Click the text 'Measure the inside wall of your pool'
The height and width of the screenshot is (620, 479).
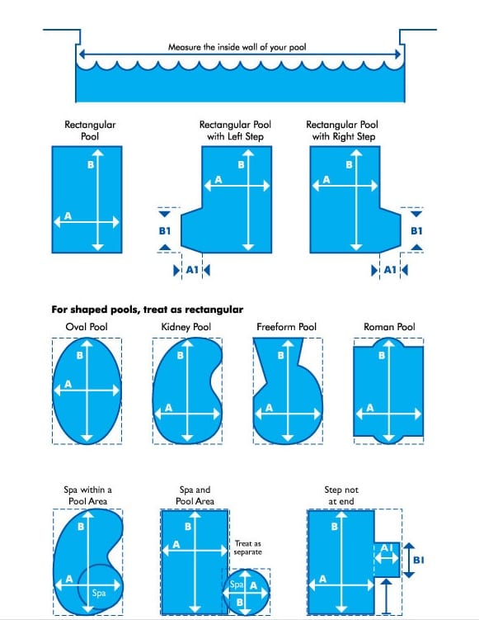tap(237, 47)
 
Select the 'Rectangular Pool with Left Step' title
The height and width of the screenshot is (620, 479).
tap(235, 130)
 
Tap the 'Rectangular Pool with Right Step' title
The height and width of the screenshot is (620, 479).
tap(342, 130)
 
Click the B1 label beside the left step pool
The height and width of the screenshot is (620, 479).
tap(165, 230)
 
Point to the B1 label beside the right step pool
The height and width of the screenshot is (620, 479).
tap(416, 230)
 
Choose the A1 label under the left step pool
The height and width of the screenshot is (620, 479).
tap(191, 269)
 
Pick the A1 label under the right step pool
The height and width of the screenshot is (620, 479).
tap(390, 269)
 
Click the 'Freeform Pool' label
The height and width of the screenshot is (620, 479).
tap(281, 327)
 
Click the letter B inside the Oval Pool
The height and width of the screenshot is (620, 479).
tap(79, 356)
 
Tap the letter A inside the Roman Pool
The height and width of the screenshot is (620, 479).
tap(370, 407)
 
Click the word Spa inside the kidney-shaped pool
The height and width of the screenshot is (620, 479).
tap(99, 593)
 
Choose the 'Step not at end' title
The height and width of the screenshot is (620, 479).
tap(341, 495)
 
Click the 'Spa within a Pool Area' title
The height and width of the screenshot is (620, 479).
tap(87, 495)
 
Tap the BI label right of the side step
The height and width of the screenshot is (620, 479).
tap(417, 560)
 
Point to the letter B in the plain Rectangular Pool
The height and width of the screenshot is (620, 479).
tap(90, 165)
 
